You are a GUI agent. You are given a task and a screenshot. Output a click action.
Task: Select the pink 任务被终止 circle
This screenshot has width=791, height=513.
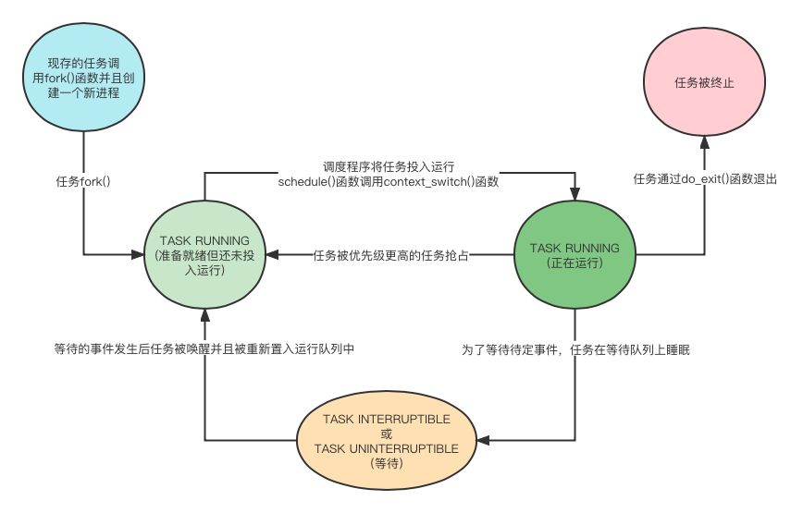tap(705, 83)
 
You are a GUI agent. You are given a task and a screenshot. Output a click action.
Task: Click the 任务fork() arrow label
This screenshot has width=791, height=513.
tap(83, 180)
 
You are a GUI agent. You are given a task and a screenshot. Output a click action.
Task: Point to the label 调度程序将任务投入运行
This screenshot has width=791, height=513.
tap(389, 166)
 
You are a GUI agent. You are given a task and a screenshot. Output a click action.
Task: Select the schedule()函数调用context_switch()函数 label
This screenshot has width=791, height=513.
tap(389, 182)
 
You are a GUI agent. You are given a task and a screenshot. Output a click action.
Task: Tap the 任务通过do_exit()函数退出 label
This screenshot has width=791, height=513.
tap(705, 178)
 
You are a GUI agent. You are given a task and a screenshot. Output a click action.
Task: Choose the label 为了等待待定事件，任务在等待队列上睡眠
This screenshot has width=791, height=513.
tap(576, 349)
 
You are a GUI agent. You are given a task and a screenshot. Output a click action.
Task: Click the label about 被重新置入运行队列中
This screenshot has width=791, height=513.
tap(204, 348)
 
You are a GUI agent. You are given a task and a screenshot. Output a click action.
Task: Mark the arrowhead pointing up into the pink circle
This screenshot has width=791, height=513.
tap(705, 141)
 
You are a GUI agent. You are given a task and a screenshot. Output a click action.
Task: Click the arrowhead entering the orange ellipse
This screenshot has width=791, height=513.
tap(484, 441)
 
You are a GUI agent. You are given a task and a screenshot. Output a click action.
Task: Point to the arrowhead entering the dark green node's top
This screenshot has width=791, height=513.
tap(575, 194)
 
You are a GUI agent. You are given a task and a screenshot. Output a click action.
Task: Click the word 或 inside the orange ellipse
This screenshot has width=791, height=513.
tap(387, 434)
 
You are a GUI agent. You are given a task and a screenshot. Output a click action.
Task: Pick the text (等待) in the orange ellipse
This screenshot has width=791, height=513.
tap(387, 463)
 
